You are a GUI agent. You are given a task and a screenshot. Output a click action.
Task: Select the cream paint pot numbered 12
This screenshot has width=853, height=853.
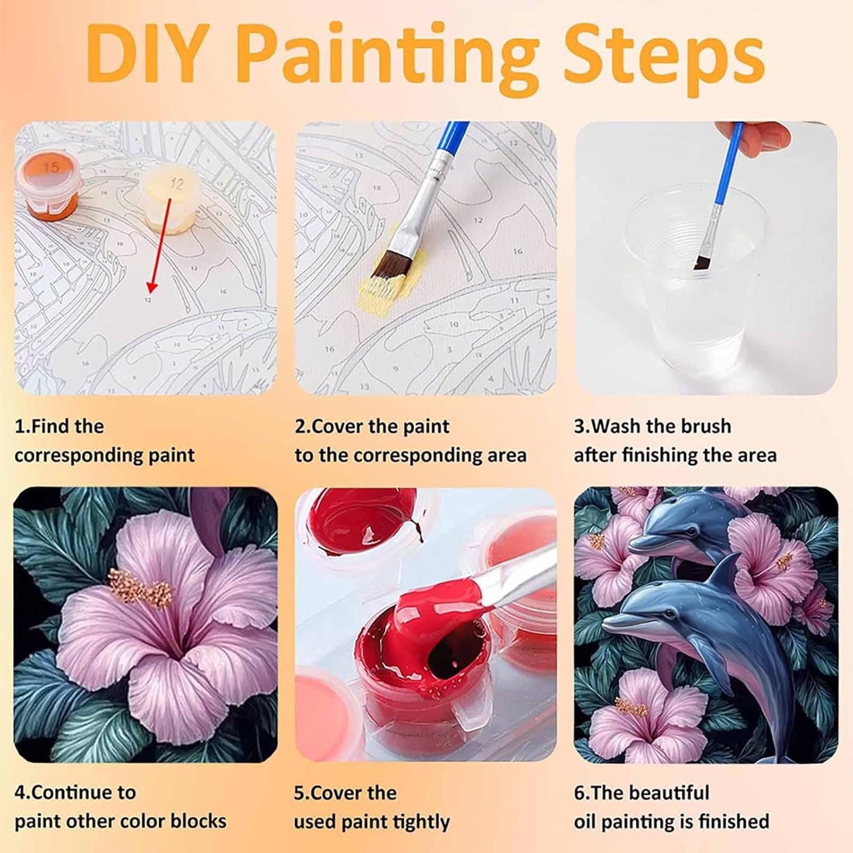click(170, 200)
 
